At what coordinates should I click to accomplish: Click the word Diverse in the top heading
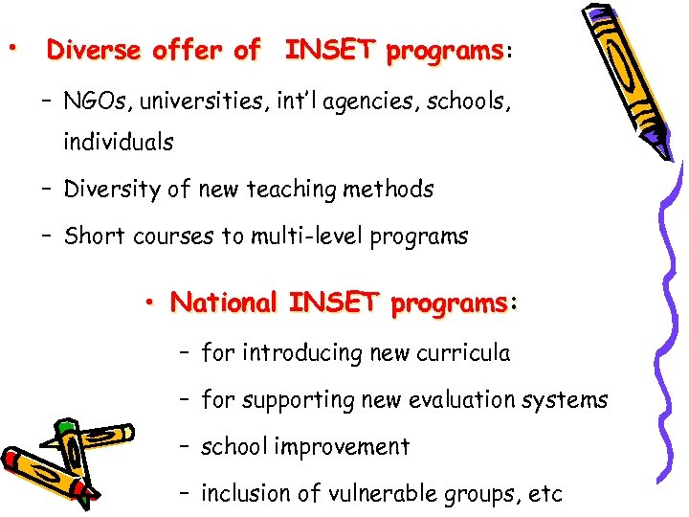[92, 50]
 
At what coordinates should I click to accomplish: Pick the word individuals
[119, 143]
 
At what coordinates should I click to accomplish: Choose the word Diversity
[113, 190]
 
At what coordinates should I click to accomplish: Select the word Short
[92, 236]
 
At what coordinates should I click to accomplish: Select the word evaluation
[458, 400]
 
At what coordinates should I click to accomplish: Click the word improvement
[343, 447]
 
